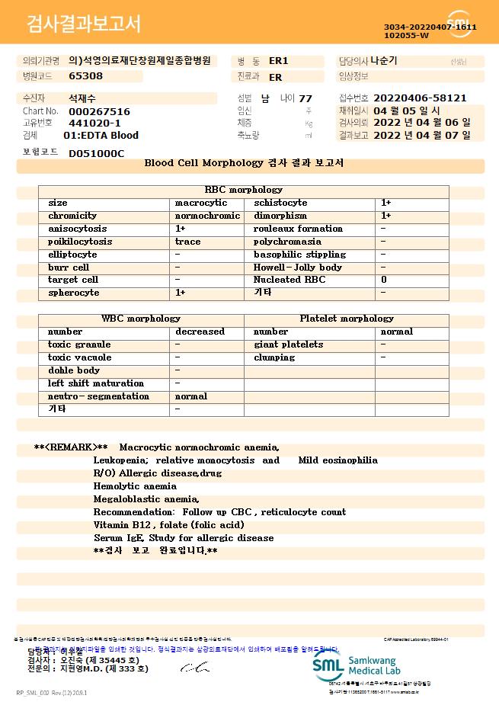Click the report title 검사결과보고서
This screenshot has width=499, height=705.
click(x=84, y=24)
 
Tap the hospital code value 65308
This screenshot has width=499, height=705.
click(x=85, y=76)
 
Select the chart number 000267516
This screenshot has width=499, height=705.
click(x=99, y=111)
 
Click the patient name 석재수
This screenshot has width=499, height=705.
click(x=82, y=98)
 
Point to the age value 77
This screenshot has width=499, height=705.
click(x=305, y=98)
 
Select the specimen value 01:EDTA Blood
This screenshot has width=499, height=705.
click(x=101, y=136)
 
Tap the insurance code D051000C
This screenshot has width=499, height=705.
click(x=96, y=153)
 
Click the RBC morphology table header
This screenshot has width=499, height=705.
click(x=244, y=190)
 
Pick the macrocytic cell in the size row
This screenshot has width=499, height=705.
click(x=201, y=203)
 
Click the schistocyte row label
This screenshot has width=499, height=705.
click(x=280, y=203)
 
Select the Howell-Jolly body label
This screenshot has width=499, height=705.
click(x=298, y=268)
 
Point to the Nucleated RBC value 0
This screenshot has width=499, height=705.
click(x=384, y=280)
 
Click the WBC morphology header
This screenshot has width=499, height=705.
click(x=141, y=319)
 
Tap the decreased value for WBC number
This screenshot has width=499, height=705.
click(x=200, y=332)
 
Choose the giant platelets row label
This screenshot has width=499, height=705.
click(x=288, y=344)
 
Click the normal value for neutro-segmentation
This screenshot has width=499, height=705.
click(x=191, y=396)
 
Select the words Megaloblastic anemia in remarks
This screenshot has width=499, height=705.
click(x=146, y=499)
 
